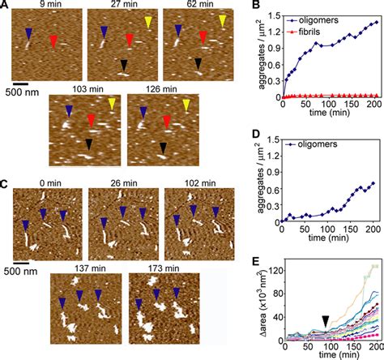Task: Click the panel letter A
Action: pyautogui.click(x=6, y=6)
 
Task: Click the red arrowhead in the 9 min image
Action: pyautogui.click(x=53, y=41)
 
